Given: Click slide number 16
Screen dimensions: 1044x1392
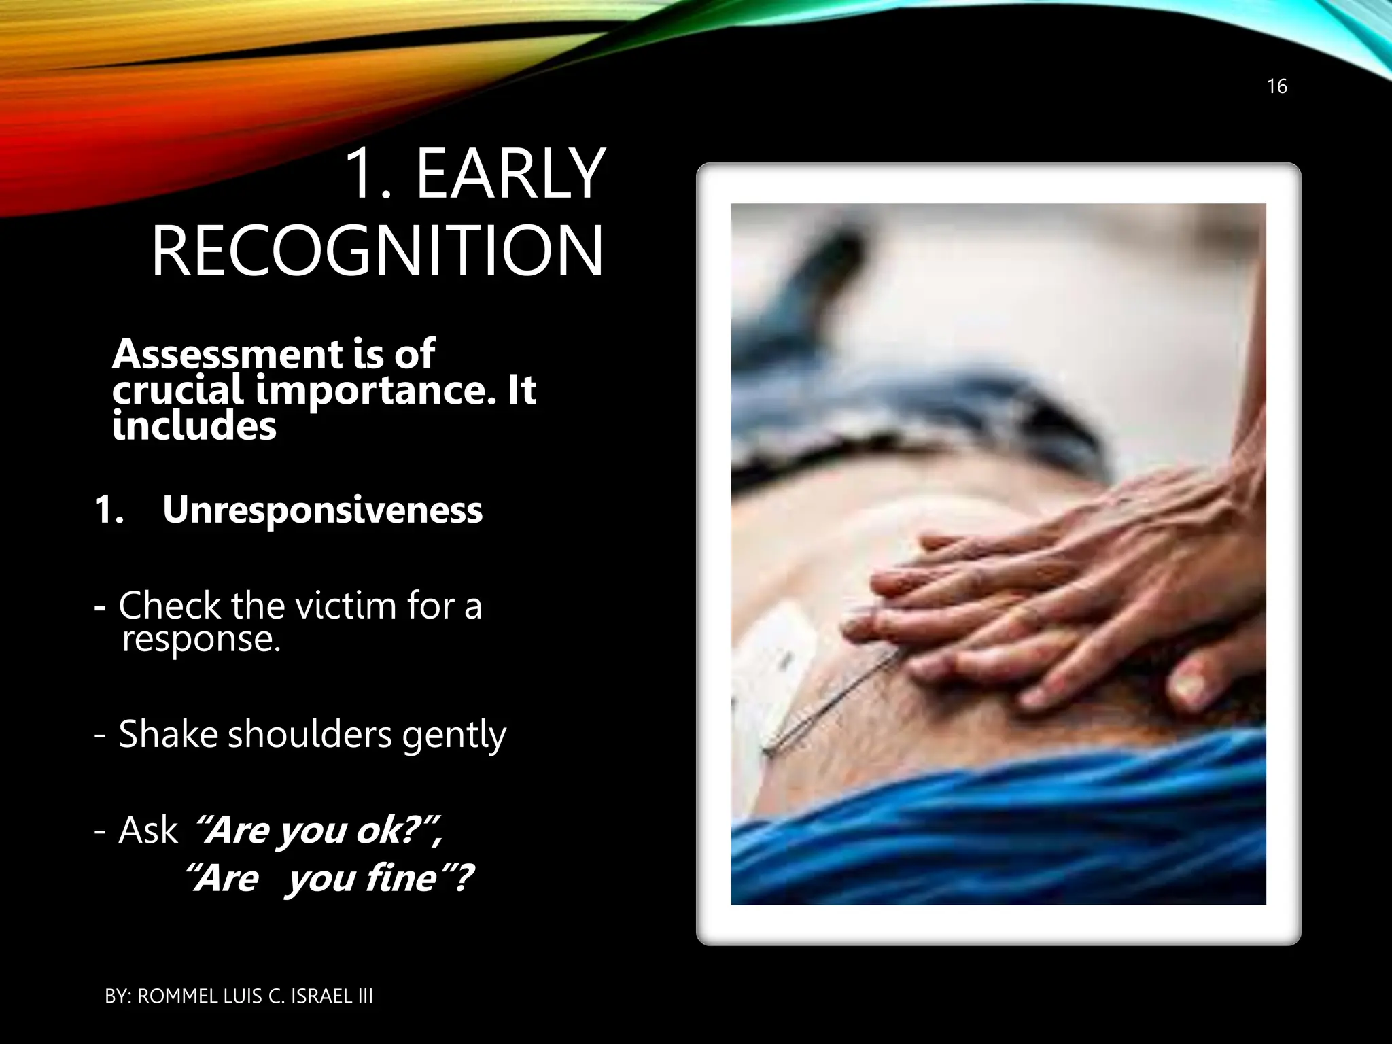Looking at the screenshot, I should pos(1276,86).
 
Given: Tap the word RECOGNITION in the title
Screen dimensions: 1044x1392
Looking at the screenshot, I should pos(377,251).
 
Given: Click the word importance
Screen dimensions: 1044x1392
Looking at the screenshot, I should pos(375,391).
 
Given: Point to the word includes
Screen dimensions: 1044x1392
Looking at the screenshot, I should pos(194,427).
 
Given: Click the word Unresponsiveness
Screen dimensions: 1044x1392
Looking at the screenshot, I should pos(322,510).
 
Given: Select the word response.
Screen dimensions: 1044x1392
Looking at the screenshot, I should pos(201,639).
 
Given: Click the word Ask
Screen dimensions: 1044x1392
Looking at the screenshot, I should pos(147,830).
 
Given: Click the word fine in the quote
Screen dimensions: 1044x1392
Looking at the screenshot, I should pos(401,877).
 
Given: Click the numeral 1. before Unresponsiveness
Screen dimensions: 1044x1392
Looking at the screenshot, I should pos(109,510).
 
